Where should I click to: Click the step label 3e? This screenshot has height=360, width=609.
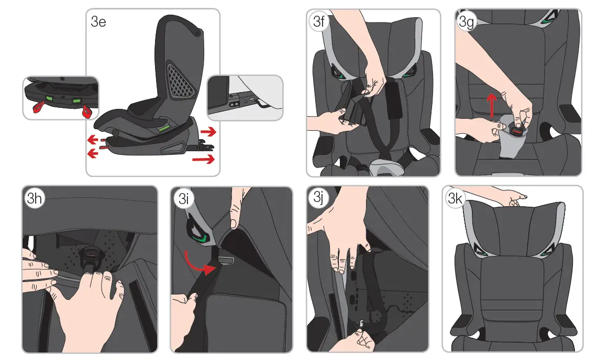pyautogui.click(x=98, y=22)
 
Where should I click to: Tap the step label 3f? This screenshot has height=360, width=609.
pyautogui.click(x=318, y=21)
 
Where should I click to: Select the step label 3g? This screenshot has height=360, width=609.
pyautogui.click(x=467, y=22)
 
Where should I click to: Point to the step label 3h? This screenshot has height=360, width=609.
pyautogui.click(x=34, y=198)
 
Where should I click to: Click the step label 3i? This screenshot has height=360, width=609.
pyautogui.click(x=183, y=199)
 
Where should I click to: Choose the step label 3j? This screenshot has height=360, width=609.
pyautogui.click(x=318, y=197)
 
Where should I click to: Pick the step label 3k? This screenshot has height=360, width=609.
pyautogui.click(x=455, y=198)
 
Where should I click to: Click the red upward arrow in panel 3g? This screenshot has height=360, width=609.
pyautogui.click(x=492, y=105)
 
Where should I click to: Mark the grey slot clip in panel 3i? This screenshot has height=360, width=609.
pyautogui.click(x=225, y=259)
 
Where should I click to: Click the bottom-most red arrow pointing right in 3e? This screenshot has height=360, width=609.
pyautogui.click(x=204, y=159)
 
